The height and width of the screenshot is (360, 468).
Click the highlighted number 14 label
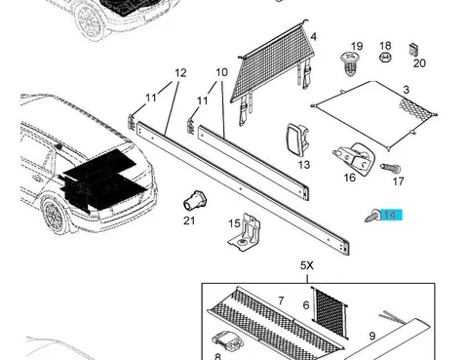click(391, 215)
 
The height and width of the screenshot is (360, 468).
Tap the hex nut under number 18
click(385, 58)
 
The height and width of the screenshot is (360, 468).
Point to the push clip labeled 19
click(350, 63)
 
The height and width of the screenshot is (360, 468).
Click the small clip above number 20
click(413, 50)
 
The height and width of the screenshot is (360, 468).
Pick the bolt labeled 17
click(391, 169)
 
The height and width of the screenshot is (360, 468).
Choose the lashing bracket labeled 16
click(354, 158)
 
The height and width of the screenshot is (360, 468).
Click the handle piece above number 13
click(297, 139)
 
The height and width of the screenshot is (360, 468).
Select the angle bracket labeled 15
click(245, 232)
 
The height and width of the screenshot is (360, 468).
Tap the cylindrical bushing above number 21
click(195, 200)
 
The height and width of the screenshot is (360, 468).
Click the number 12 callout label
click(180, 73)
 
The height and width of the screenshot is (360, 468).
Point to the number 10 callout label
click(221, 72)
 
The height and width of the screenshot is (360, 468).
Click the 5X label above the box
click(307, 265)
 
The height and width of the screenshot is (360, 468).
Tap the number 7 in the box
click(281, 300)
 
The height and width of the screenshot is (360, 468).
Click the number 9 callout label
click(372, 336)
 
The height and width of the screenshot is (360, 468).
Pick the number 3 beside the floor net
click(406, 90)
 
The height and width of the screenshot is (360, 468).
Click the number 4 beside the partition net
click(313, 36)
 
